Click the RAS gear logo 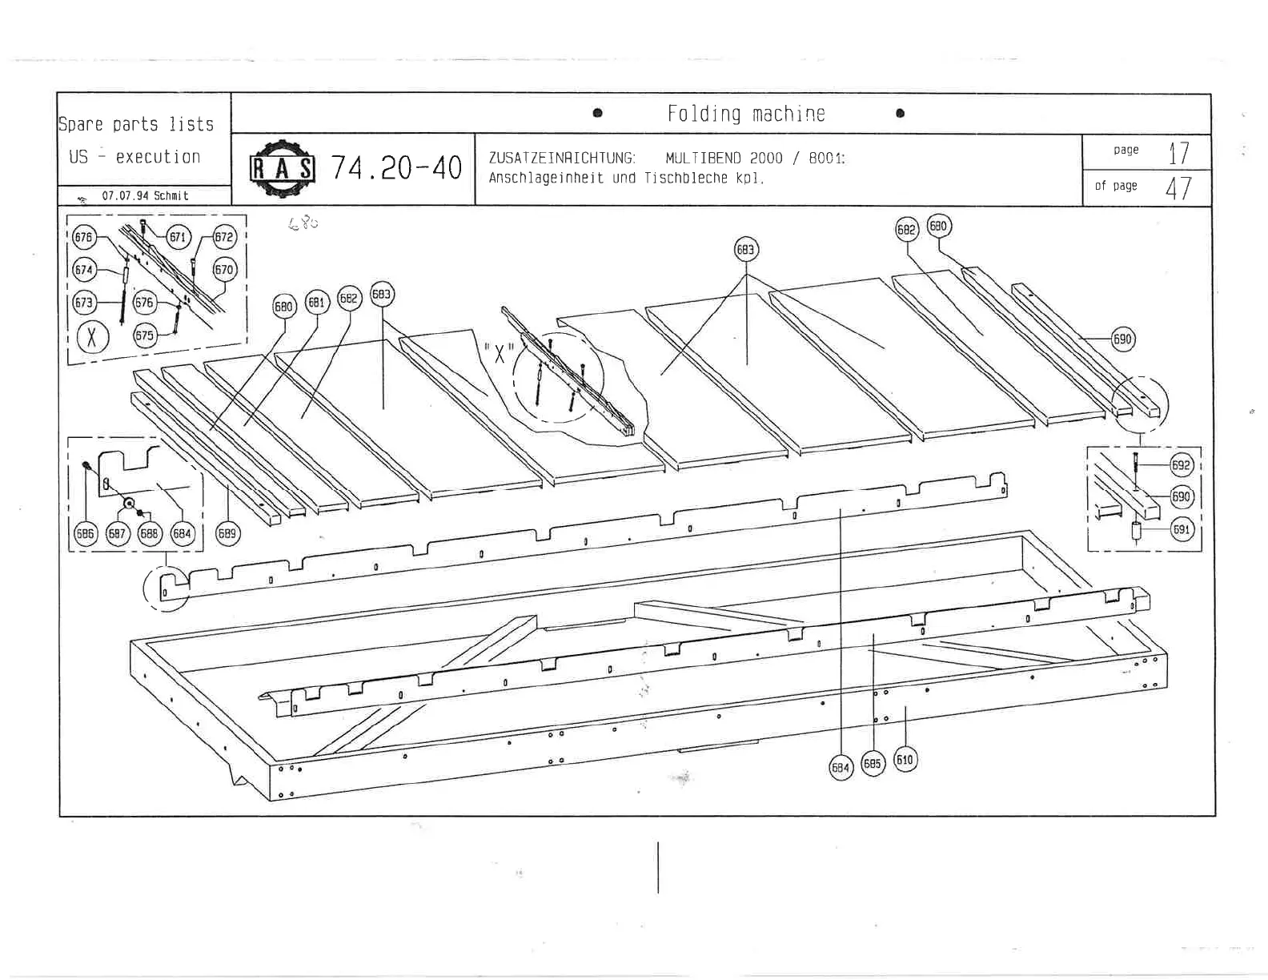click(x=283, y=169)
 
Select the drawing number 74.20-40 click(x=396, y=168)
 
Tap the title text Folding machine click(x=745, y=114)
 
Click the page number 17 click(x=1178, y=152)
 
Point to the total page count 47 click(x=1178, y=188)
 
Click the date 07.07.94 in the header click(x=125, y=195)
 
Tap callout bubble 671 click(x=178, y=237)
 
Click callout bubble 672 click(x=224, y=237)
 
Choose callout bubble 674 click(x=84, y=270)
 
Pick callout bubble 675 click(x=144, y=335)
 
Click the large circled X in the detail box click(x=92, y=337)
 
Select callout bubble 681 click(x=317, y=302)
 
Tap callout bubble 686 click(x=85, y=534)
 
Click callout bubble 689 click(x=228, y=533)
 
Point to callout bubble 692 click(x=1181, y=465)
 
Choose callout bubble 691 click(x=1182, y=528)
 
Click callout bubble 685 click(x=873, y=764)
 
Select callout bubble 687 click(x=118, y=534)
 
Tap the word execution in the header click(x=158, y=157)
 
